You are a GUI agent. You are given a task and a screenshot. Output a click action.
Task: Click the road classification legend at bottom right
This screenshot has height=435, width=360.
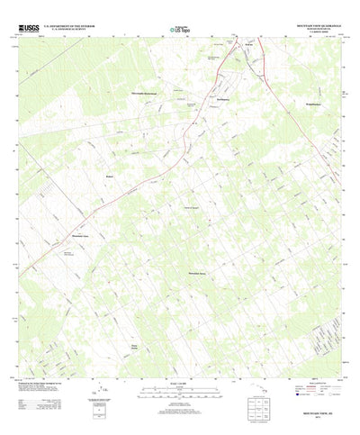tap(307, 396)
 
